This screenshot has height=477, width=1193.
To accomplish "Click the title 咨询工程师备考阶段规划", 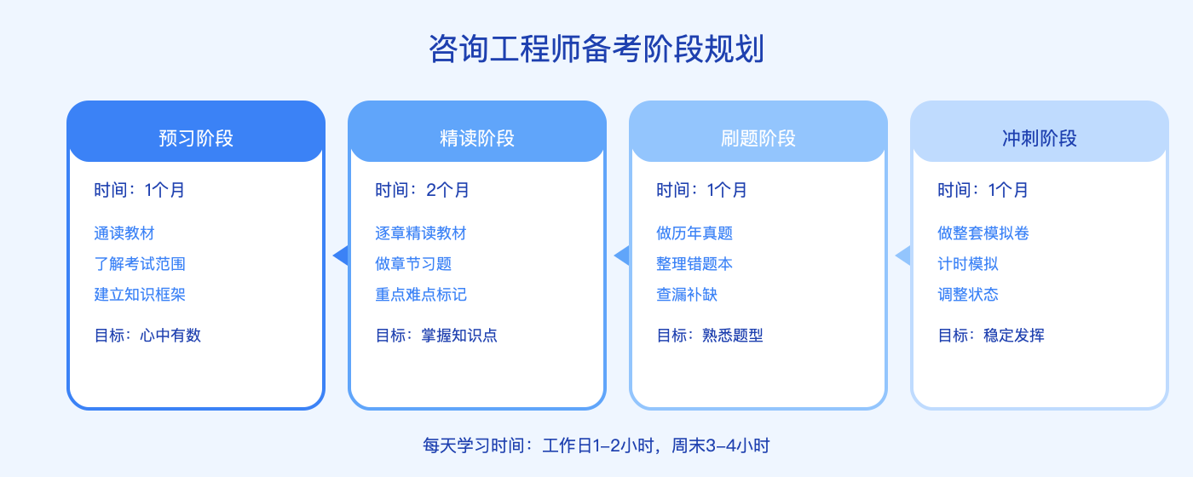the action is click(x=596, y=49).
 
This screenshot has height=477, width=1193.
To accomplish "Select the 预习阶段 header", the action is click(x=196, y=138).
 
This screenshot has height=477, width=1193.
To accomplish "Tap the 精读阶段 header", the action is click(x=477, y=138).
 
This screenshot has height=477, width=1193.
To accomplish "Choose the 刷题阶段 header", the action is click(x=758, y=138).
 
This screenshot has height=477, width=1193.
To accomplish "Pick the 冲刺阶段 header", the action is click(x=1040, y=138).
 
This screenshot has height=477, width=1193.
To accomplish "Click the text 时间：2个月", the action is click(x=422, y=190).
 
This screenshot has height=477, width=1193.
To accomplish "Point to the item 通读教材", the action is click(x=124, y=233).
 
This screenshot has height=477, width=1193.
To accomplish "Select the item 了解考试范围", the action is click(x=140, y=264).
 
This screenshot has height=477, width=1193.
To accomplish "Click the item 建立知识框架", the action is click(x=140, y=295).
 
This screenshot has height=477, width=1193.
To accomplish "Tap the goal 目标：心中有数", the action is click(x=147, y=336).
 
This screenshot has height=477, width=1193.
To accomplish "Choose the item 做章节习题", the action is click(x=413, y=264).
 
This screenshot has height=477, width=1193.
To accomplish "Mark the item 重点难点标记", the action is click(x=421, y=295).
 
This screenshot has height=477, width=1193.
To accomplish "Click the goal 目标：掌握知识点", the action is click(x=436, y=336).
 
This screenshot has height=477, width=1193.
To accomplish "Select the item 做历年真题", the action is click(x=694, y=233).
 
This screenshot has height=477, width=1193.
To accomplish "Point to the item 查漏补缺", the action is click(x=687, y=295).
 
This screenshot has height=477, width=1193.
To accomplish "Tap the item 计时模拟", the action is click(x=968, y=264).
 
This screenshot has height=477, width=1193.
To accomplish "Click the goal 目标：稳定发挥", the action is click(x=991, y=336).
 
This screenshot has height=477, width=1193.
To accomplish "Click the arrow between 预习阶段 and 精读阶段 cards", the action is click(x=341, y=256).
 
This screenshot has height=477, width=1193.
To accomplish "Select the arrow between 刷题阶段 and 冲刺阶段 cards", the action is click(x=903, y=256).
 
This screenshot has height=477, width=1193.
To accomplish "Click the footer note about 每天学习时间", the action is click(x=596, y=445).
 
